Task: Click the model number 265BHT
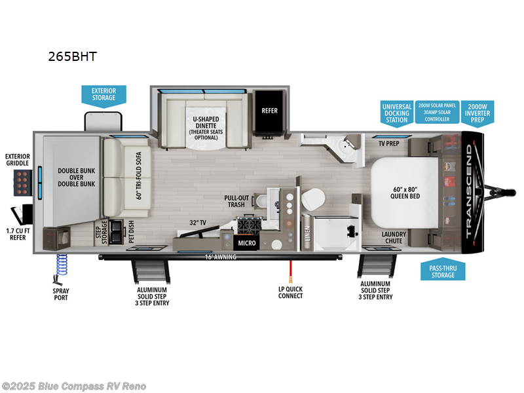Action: (72, 56)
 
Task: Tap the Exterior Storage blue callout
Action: (103, 94)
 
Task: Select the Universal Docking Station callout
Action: (397, 113)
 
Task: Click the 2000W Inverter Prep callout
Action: (478, 113)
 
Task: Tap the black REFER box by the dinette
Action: (269, 111)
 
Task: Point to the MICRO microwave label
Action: (246, 243)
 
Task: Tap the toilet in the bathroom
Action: (314, 197)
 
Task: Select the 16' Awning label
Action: (220, 257)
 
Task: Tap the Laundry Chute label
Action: (394, 237)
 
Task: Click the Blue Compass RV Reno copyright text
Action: (73, 386)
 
